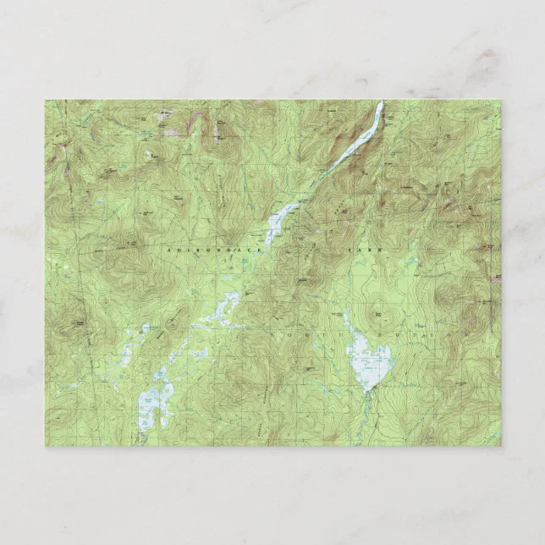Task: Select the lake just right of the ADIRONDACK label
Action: coord(275,225)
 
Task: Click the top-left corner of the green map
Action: coord(46,101)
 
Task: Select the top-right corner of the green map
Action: coord(500,101)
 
